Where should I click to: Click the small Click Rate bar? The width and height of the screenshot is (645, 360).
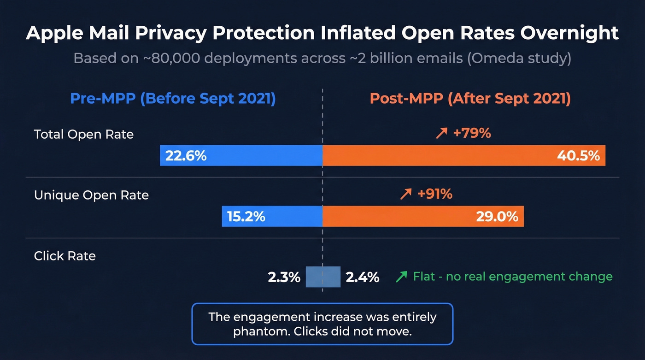point(323,277)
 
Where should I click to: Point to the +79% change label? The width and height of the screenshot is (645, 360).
point(472,133)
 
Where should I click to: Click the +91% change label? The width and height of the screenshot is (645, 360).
point(434,194)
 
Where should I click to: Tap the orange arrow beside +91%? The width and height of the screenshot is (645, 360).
point(406,195)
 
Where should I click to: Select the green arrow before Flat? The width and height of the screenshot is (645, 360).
point(401,277)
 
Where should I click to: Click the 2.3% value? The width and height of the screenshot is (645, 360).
point(284,277)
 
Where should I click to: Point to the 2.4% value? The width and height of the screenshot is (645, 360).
point(363,277)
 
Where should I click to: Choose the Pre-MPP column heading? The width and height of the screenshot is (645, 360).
point(173,99)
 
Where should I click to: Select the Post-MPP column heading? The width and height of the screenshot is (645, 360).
point(470,99)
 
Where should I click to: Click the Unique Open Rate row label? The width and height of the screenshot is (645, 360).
point(91,195)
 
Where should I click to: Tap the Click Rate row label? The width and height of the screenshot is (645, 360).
point(65,256)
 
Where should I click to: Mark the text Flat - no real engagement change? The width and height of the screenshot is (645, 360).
point(512,277)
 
